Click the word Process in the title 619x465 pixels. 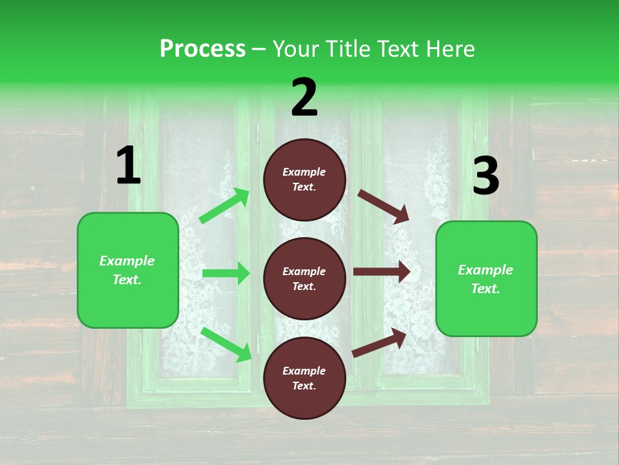[202, 49]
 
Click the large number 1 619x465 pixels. [128, 166]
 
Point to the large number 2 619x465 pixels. [304, 98]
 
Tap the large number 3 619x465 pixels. [486, 177]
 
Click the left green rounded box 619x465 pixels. [128, 270]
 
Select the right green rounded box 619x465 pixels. [486, 278]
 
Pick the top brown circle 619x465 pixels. [304, 180]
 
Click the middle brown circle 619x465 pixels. [304, 278]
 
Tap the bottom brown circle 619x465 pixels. [304, 378]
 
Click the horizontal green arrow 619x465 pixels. [226, 273]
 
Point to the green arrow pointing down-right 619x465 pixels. [226, 344]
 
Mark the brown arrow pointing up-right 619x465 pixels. [380, 342]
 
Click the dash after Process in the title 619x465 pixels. [259, 49]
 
